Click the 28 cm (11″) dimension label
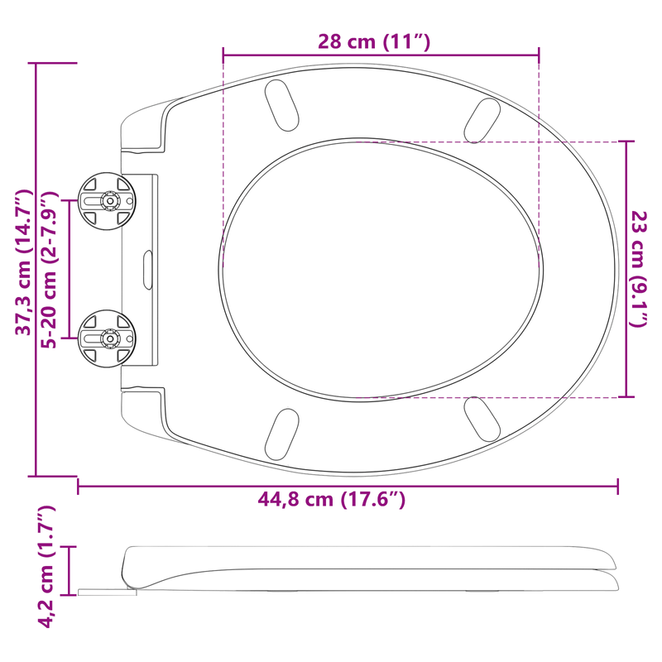(374, 41)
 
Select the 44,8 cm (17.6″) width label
(332, 500)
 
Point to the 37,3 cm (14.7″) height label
(24, 262)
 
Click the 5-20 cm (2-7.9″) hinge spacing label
(49, 270)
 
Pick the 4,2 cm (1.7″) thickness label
(46, 567)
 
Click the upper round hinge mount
(108, 201)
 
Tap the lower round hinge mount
(108, 338)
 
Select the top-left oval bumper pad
(281, 105)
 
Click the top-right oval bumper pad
(482, 121)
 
